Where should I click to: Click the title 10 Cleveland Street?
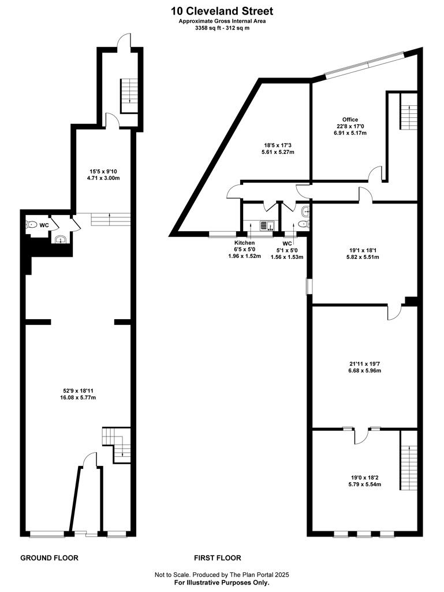222,11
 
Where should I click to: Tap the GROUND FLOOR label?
49,558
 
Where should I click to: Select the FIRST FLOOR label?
218,558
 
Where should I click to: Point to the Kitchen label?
245,243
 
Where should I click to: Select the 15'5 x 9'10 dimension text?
104,171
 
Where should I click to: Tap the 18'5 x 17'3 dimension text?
279,146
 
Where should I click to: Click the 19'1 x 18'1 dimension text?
364,251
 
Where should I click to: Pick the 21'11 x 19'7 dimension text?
365,364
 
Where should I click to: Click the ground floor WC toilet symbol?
33,224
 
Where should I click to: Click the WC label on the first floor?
287,243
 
